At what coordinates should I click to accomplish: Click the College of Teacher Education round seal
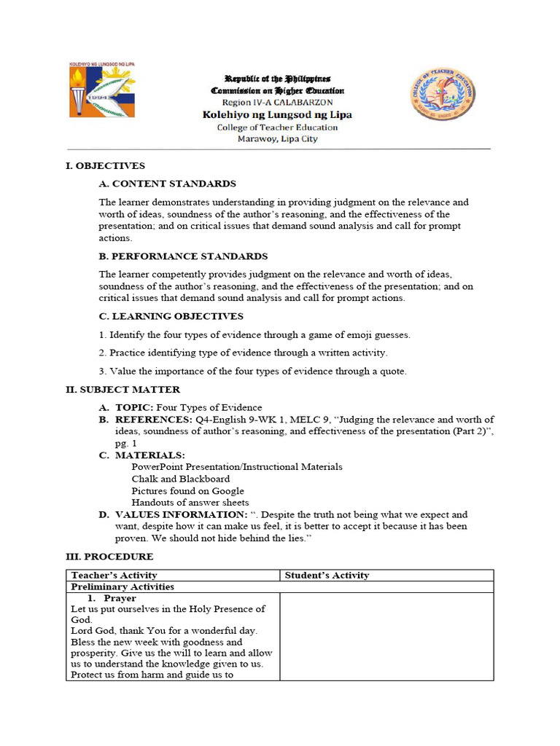(x=443, y=94)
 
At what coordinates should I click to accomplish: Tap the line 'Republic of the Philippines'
(x=277, y=79)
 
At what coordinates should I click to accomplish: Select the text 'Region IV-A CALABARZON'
(x=277, y=103)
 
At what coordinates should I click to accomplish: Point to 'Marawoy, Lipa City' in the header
(x=277, y=139)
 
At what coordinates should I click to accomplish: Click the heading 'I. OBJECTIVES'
(x=106, y=166)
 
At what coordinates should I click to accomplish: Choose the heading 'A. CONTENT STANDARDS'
(x=167, y=184)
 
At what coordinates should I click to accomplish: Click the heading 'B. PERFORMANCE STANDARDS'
(x=183, y=256)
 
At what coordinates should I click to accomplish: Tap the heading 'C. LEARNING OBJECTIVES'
(x=171, y=316)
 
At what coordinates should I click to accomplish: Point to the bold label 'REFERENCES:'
(x=153, y=420)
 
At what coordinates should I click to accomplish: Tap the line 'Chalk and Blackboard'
(x=181, y=479)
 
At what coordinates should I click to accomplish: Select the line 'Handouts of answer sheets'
(x=190, y=503)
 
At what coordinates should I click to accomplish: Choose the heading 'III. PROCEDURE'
(x=109, y=557)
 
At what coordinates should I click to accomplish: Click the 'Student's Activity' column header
(x=327, y=576)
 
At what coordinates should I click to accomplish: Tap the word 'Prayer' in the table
(x=120, y=598)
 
